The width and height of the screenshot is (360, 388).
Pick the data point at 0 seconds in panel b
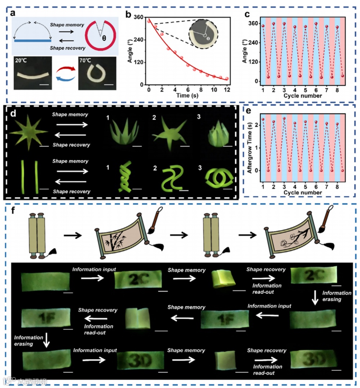[x=149, y=21]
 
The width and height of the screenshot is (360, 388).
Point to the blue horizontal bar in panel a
[x=32, y=40]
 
